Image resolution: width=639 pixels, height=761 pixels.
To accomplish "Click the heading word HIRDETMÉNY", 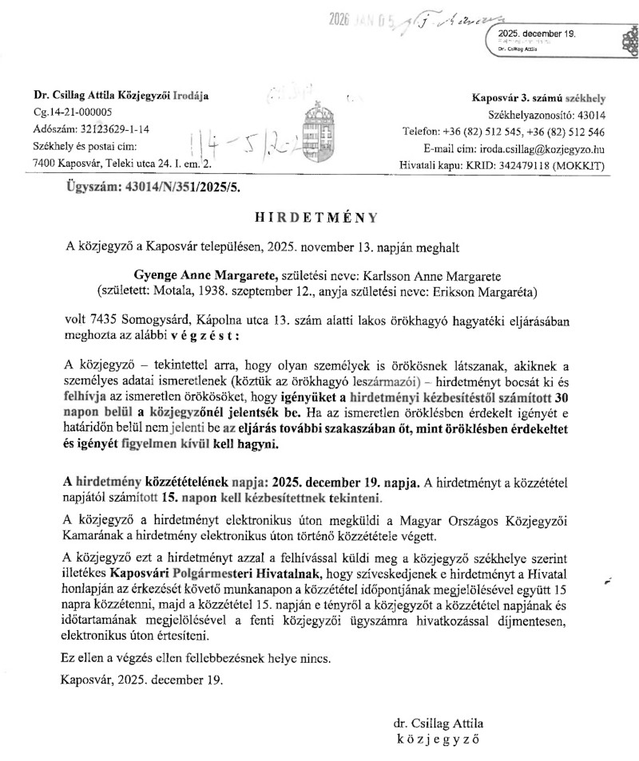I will tap(318, 216).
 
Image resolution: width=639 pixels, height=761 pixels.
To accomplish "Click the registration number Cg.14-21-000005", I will tap(73, 112).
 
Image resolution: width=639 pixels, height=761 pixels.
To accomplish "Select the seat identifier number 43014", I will tap(589, 114).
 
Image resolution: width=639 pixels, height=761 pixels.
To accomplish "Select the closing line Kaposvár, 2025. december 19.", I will tap(143, 680).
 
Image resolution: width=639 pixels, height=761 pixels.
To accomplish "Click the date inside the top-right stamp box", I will tap(536, 34).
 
